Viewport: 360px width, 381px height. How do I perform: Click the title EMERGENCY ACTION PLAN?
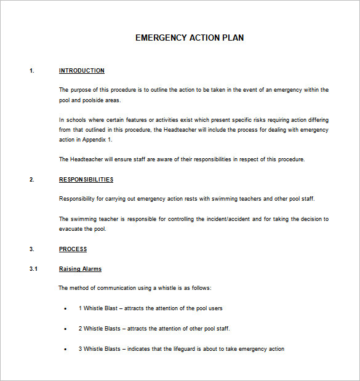pyautogui.click(x=189, y=38)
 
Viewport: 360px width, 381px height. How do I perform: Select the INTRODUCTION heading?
pyautogui.click(x=82, y=71)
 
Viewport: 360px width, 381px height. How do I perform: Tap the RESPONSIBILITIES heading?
pyautogui.click(x=86, y=180)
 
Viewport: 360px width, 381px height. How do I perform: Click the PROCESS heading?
pyautogui.click(x=73, y=249)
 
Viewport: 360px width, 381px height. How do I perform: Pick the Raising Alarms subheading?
pyautogui.click(x=80, y=269)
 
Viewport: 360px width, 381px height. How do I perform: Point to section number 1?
pyautogui.click(x=32, y=71)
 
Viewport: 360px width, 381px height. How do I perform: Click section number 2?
pyautogui.click(x=32, y=180)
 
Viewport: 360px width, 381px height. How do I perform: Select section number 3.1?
pyautogui.click(x=33, y=269)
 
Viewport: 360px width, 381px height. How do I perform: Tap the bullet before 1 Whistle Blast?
pyautogui.click(x=65, y=308)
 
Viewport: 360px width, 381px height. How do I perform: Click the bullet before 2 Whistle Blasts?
pyautogui.click(x=65, y=329)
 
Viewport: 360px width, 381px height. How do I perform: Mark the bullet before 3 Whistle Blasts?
pyautogui.click(x=65, y=349)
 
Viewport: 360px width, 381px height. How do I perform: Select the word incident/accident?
pyautogui.click(x=218, y=219)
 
